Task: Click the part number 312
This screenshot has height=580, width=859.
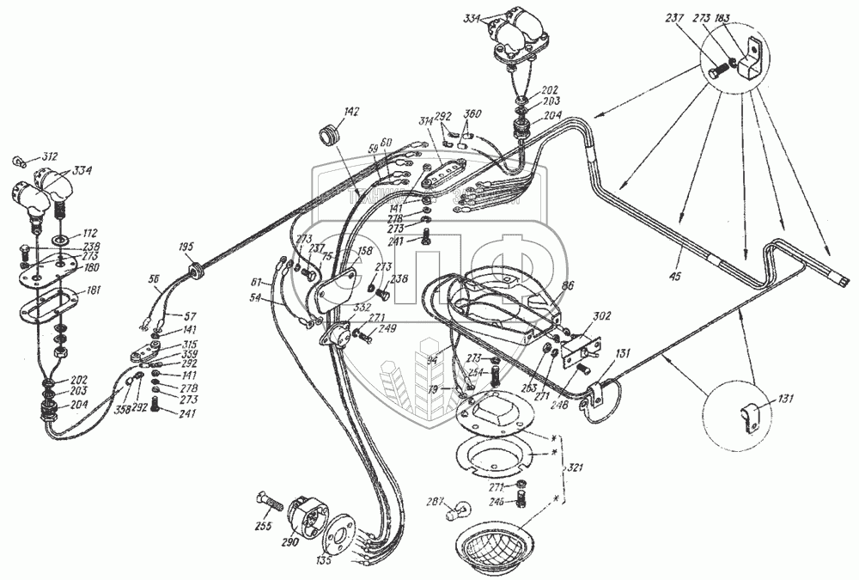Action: click(x=49, y=156)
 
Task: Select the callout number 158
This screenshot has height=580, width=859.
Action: click(x=364, y=252)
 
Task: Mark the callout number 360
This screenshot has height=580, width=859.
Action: click(x=472, y=115)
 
